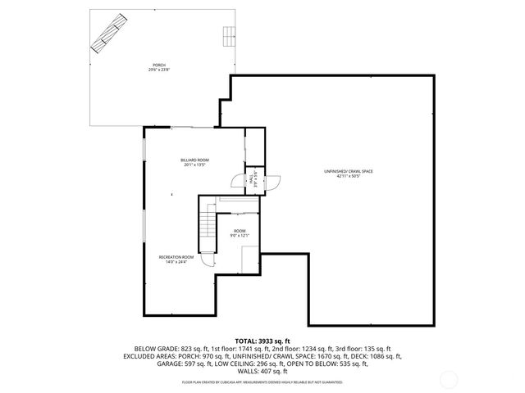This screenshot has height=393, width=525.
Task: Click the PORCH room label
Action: point(158,65)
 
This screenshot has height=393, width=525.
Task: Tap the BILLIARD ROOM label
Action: point(194,160)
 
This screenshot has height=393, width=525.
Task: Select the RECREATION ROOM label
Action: point(176,257)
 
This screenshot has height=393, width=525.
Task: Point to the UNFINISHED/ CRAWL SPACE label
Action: point(348,171)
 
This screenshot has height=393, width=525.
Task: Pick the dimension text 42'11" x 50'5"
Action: point(348,176)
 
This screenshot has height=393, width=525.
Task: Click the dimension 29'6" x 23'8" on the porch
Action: point(158,70)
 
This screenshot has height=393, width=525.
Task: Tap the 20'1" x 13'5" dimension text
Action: point(194,165)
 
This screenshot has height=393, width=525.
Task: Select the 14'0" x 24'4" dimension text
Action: point(176,262)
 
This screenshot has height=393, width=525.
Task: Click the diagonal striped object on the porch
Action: point(109,35)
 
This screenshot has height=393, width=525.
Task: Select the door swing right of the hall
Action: point(272,184)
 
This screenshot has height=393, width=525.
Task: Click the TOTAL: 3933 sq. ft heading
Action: point(262,340)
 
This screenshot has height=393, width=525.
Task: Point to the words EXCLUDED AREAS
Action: point(147,356)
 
